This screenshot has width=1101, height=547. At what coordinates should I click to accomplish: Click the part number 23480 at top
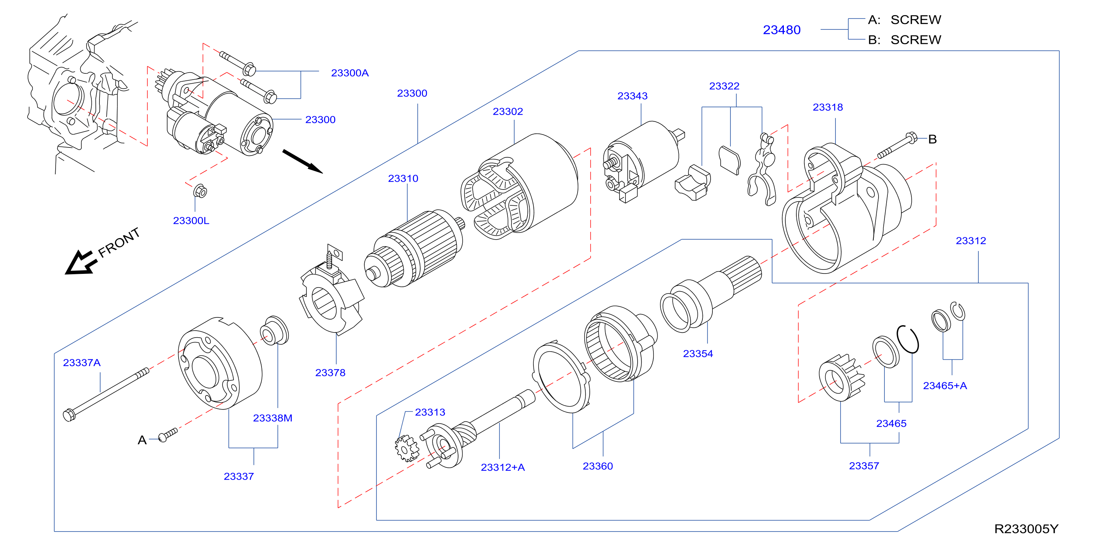click(781, 30)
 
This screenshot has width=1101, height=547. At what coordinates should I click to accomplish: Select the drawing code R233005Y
click(1026, 529)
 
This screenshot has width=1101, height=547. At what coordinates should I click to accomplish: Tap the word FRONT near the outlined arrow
click(119, 243)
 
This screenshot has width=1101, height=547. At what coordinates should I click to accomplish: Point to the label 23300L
click(191, 221)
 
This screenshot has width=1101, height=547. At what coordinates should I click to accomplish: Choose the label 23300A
click(350, 73)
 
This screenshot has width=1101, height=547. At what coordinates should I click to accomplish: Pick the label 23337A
click(82, 363)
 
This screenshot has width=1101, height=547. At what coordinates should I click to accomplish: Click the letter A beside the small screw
click(142, 440)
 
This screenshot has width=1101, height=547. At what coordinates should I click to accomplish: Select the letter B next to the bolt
click(932, 139)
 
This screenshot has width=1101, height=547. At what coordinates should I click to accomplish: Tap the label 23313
click(430, 412)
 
